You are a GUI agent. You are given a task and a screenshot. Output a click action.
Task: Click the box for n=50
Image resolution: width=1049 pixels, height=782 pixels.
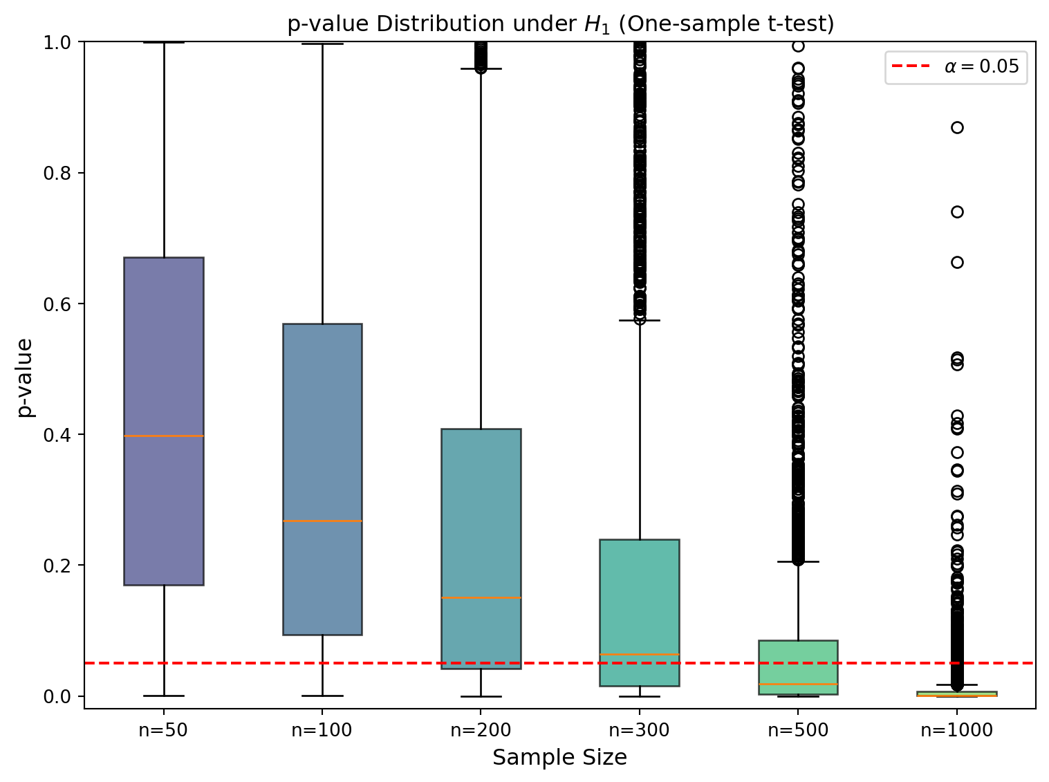click(x=163, y=360)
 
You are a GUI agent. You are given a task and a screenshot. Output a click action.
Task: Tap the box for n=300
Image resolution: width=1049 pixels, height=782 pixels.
click(x=640, y=595)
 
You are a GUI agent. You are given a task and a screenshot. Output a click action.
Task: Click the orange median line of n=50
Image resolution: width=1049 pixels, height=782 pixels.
click(x=163, y=436)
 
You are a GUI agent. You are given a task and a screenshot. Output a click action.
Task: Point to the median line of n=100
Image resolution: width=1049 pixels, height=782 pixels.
click(x=322, y=521)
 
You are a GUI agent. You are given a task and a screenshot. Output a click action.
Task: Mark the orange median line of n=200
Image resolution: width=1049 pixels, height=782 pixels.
click(x=481, y=597)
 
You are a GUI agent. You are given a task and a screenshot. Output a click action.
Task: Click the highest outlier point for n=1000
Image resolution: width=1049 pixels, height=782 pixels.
click(x=957, y=127)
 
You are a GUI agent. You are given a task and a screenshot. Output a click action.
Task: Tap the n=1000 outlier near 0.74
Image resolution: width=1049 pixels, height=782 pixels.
click(x=957, y=212)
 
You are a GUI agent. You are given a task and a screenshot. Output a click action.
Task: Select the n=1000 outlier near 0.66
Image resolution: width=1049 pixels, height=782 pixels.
click(x=957, y=262)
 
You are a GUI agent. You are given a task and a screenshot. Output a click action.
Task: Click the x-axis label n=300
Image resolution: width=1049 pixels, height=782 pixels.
click(x=640, y=730)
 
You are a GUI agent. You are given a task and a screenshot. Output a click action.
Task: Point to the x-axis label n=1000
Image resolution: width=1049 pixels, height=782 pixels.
click(x=957, y=730)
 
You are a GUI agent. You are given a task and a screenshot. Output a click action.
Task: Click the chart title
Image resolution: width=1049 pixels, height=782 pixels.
click(x=561, y=24)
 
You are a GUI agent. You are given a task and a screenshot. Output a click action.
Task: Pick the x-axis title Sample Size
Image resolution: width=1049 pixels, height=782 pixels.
click(x=559, y=758)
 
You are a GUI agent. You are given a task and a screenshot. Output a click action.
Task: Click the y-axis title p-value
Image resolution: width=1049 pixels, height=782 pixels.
click(x=25, y=377)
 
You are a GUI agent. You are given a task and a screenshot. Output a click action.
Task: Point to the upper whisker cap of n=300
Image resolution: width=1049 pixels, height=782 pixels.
click(x=640, y=321)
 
